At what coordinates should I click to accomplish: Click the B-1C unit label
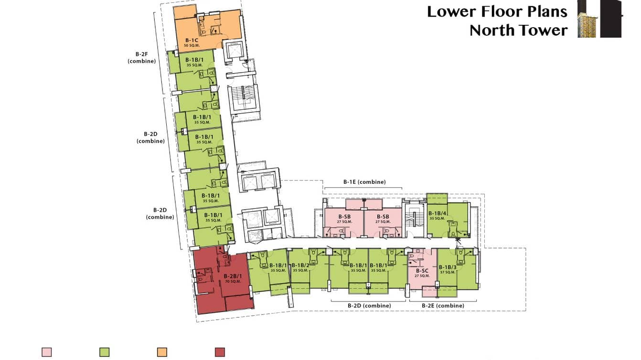(192, 40)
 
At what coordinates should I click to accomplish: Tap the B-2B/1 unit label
(233, 276)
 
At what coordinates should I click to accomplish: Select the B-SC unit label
(422, 271)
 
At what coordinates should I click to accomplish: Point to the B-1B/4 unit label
(437, 213)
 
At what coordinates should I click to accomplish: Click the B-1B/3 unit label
(448, 267)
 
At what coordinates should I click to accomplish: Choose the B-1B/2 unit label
(300, 265)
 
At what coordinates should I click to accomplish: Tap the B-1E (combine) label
(364, 182)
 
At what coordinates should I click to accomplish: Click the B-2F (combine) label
(142, 57)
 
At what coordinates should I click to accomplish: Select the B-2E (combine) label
(443, 306)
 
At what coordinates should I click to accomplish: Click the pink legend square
(47, 352)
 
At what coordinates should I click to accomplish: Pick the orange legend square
(162, 352)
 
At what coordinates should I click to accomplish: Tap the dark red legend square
(220, 352)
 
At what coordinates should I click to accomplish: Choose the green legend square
(104, 352)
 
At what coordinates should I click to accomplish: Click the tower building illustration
(600, 19)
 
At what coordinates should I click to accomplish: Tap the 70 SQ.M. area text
(233, 281)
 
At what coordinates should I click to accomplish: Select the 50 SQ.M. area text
(192, 45)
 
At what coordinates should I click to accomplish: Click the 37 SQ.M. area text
(448, 272)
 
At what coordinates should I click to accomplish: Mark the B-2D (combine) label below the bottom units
(369, 306)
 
